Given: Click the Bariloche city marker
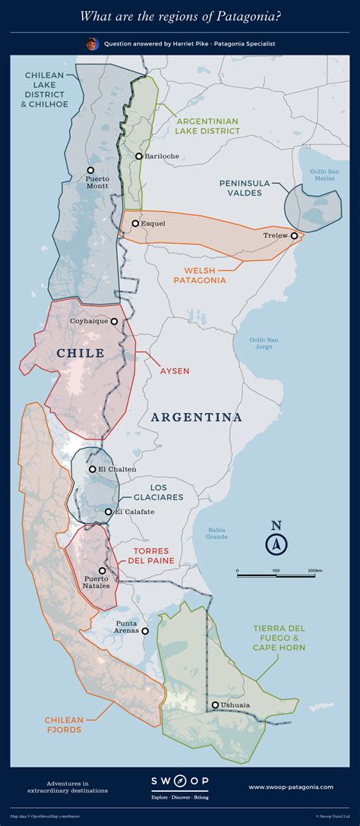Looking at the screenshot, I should click(139, 156).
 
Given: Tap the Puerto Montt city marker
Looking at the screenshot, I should click(90, 170).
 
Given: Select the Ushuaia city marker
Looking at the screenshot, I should click(216, 705).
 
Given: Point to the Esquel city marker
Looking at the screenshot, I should click(135, 223).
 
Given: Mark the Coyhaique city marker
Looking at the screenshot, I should click(115, 321).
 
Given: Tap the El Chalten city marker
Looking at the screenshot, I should click(93, 469).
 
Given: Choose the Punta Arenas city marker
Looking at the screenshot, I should click(145, 630).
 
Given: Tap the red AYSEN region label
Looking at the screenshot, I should click(174, 371).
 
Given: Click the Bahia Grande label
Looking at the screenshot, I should click(216, 532).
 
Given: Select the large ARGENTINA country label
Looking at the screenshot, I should click(196, 418).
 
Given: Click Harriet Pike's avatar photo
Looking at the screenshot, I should click(92, 44).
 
